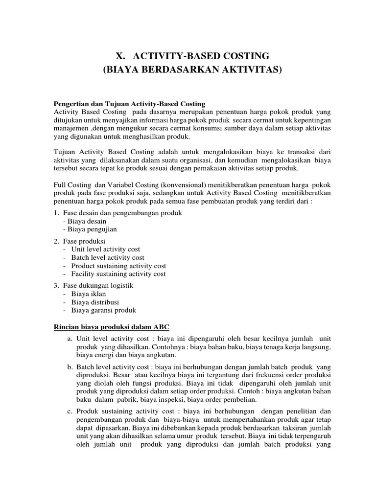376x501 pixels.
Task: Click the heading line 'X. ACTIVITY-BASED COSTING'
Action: [192, 55]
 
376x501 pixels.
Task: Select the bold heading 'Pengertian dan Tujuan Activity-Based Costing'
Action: [129, 104]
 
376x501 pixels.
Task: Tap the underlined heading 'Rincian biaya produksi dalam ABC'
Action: [112, 326]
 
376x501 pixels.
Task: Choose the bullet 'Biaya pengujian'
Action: [91, 229]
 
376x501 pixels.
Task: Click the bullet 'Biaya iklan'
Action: [89, 294]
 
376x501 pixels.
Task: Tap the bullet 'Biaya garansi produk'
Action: [104, 310]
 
